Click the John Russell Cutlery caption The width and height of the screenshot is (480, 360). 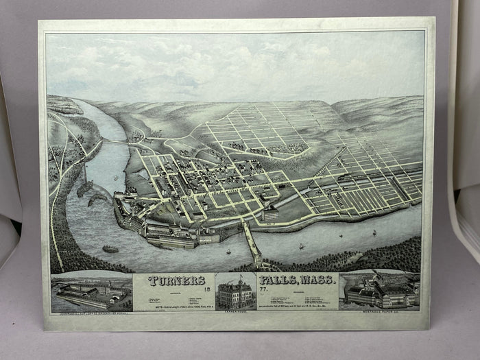coord(91,312)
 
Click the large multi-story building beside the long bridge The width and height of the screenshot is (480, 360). coord(270,214)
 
